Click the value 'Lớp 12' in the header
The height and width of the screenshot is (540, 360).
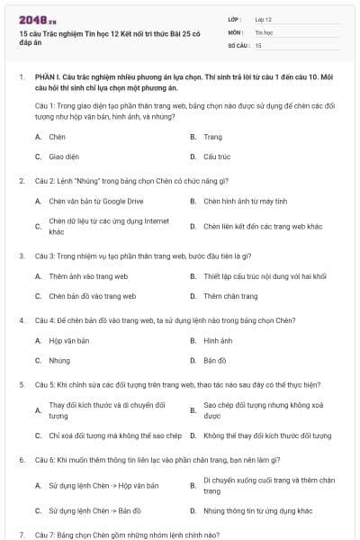point(263,18)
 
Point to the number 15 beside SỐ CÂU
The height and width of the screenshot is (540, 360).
point(258,45)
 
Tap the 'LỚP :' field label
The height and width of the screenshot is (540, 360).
point(236,18)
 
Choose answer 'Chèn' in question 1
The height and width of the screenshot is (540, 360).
point(57,137)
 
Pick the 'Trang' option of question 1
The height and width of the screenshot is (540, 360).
point(212,137)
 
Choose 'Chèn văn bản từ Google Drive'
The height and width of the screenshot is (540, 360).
point(95,201)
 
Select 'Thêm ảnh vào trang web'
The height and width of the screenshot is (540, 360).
point(88,276)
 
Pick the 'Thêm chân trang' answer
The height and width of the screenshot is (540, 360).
point(230,295)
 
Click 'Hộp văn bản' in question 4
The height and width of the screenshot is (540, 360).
point(69,341)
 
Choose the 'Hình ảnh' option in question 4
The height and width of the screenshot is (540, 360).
point(218,341)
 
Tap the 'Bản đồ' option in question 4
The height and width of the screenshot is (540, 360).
point(215,360)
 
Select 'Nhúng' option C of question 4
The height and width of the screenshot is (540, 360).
point(58,360)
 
